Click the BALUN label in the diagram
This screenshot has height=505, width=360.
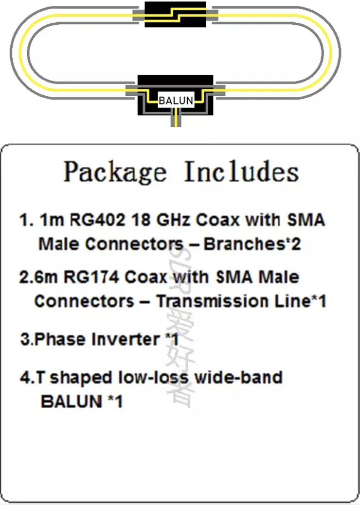coord(176,101)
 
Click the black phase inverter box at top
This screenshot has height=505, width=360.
coord(175,15)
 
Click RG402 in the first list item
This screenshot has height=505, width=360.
coord(97,220)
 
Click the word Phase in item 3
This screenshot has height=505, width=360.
coord(60,339)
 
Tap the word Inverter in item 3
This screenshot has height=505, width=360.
coord(126,339)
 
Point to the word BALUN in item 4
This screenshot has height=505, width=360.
coord(72,401)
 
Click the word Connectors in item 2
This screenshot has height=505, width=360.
coord(84,301)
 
